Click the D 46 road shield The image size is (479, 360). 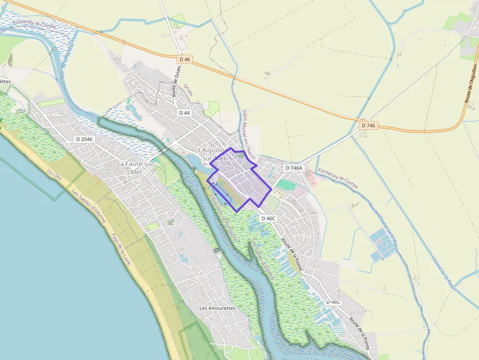tap(184, 59)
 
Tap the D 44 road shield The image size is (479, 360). tap(184, 113)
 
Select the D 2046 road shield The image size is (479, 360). tap(84, 139)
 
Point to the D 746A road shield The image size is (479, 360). tap(294, 168)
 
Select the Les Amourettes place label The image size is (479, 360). tap(218, 308)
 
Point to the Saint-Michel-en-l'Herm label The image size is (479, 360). tap(249, 134)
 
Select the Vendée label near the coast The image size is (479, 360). tap(55, 175)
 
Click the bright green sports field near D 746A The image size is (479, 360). tap(286, 185)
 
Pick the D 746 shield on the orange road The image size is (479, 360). tap(369, 126)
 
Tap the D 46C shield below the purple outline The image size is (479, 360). tap(269, 218)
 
